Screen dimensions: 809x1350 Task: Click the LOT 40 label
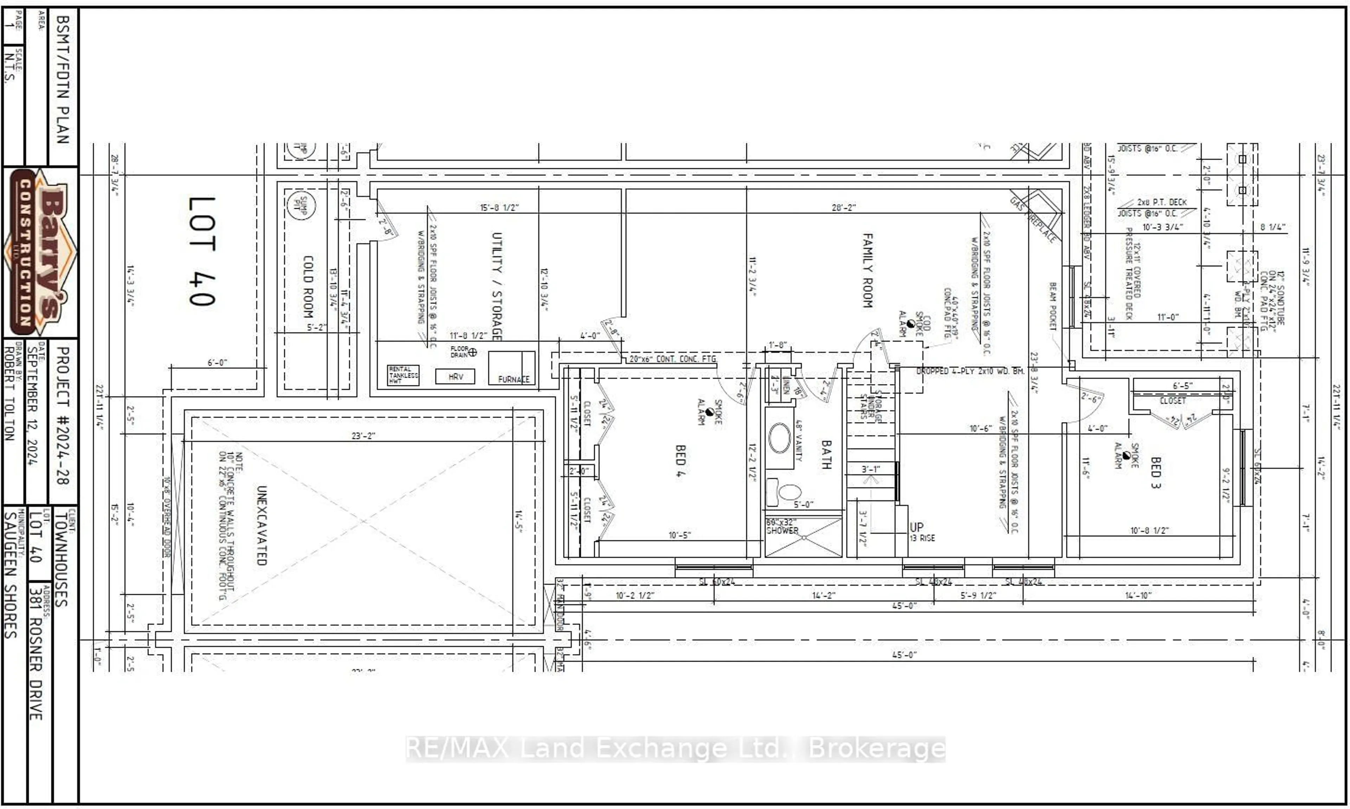pos(202,251)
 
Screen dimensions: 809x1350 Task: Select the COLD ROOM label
pos(308,287)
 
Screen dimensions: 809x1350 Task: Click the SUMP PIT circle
pos(300,205)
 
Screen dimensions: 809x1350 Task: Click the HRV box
pos(455,376)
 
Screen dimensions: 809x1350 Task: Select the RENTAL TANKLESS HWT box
pos(403,375)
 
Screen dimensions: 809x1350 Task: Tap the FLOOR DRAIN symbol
pos(472,352)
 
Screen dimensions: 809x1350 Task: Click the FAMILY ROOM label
pos(868,270)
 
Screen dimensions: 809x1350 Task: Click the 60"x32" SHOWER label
pos(782,527)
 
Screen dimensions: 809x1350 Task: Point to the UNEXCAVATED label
pos(262,525)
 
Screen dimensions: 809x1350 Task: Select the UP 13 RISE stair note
pos(921,532)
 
